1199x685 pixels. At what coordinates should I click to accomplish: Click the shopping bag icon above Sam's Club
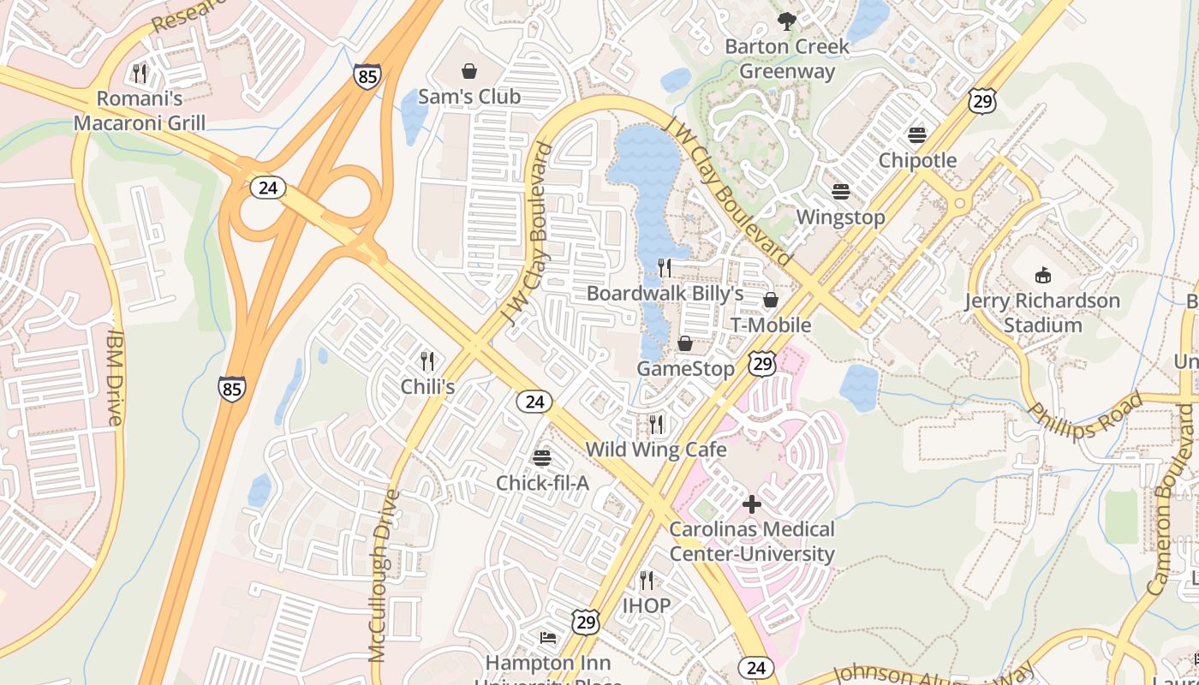tap(469, 71)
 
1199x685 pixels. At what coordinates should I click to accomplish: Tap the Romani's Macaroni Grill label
tap(140, 110)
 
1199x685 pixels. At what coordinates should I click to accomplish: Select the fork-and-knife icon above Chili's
tap(427, 360)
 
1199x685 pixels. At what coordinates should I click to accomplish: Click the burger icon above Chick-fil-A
tap(542, 457)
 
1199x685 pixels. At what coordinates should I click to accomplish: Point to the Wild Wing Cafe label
tap(656, 450)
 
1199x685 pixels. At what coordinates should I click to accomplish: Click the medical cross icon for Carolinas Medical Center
tap(752, 504)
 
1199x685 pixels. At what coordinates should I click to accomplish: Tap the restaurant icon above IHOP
tap(647, 581)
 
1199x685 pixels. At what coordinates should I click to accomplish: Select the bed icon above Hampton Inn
tap(548, 638)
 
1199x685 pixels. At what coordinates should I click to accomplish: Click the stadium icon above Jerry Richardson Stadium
tap(1042, 275)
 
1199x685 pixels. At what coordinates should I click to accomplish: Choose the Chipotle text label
tap(917, 161)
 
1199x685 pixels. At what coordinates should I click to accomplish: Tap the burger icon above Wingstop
tap(840, 191)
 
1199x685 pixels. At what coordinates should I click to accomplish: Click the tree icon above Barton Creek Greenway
tap(786, 21)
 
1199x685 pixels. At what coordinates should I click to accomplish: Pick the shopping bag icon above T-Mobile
tap(771, 300)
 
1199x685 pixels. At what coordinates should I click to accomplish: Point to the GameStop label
tap(685, 369)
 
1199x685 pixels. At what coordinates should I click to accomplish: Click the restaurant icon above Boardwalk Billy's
tap(665, 268)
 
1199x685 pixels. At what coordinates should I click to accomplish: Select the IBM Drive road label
tap(116, 378)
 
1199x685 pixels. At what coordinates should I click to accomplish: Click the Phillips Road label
tap(1086, 416)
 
